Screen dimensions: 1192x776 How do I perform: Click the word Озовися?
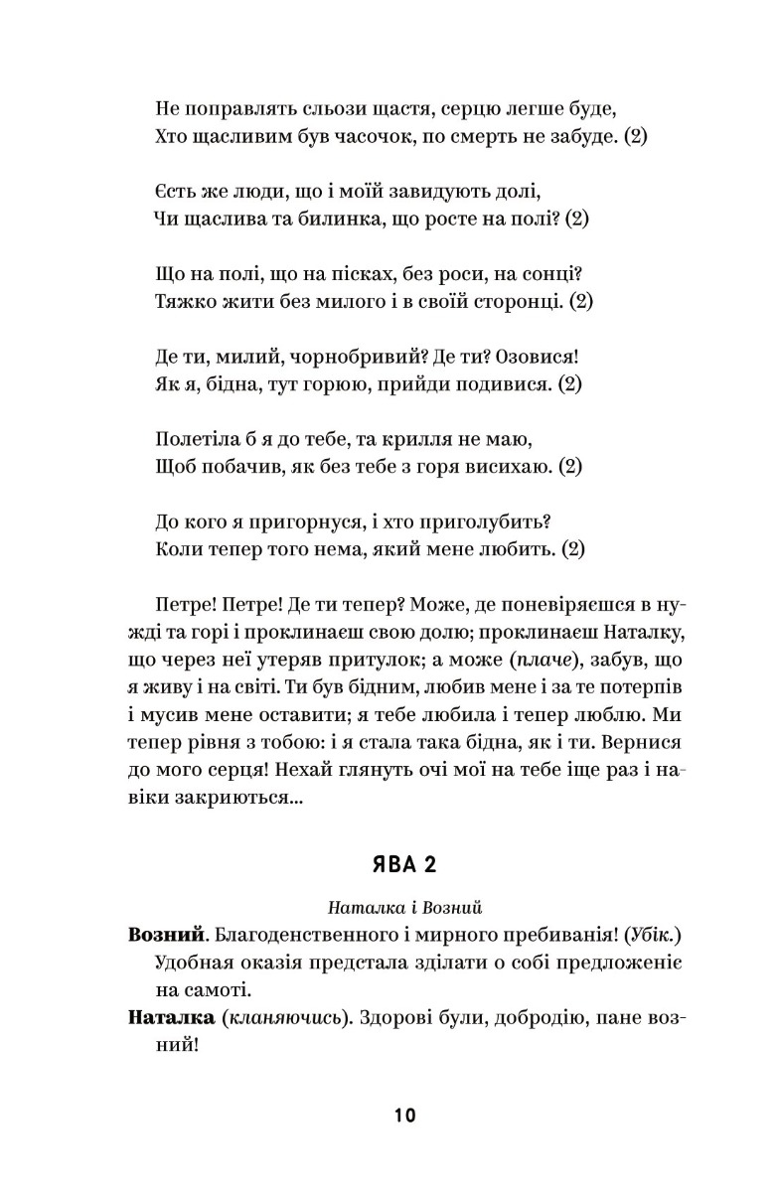543,355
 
